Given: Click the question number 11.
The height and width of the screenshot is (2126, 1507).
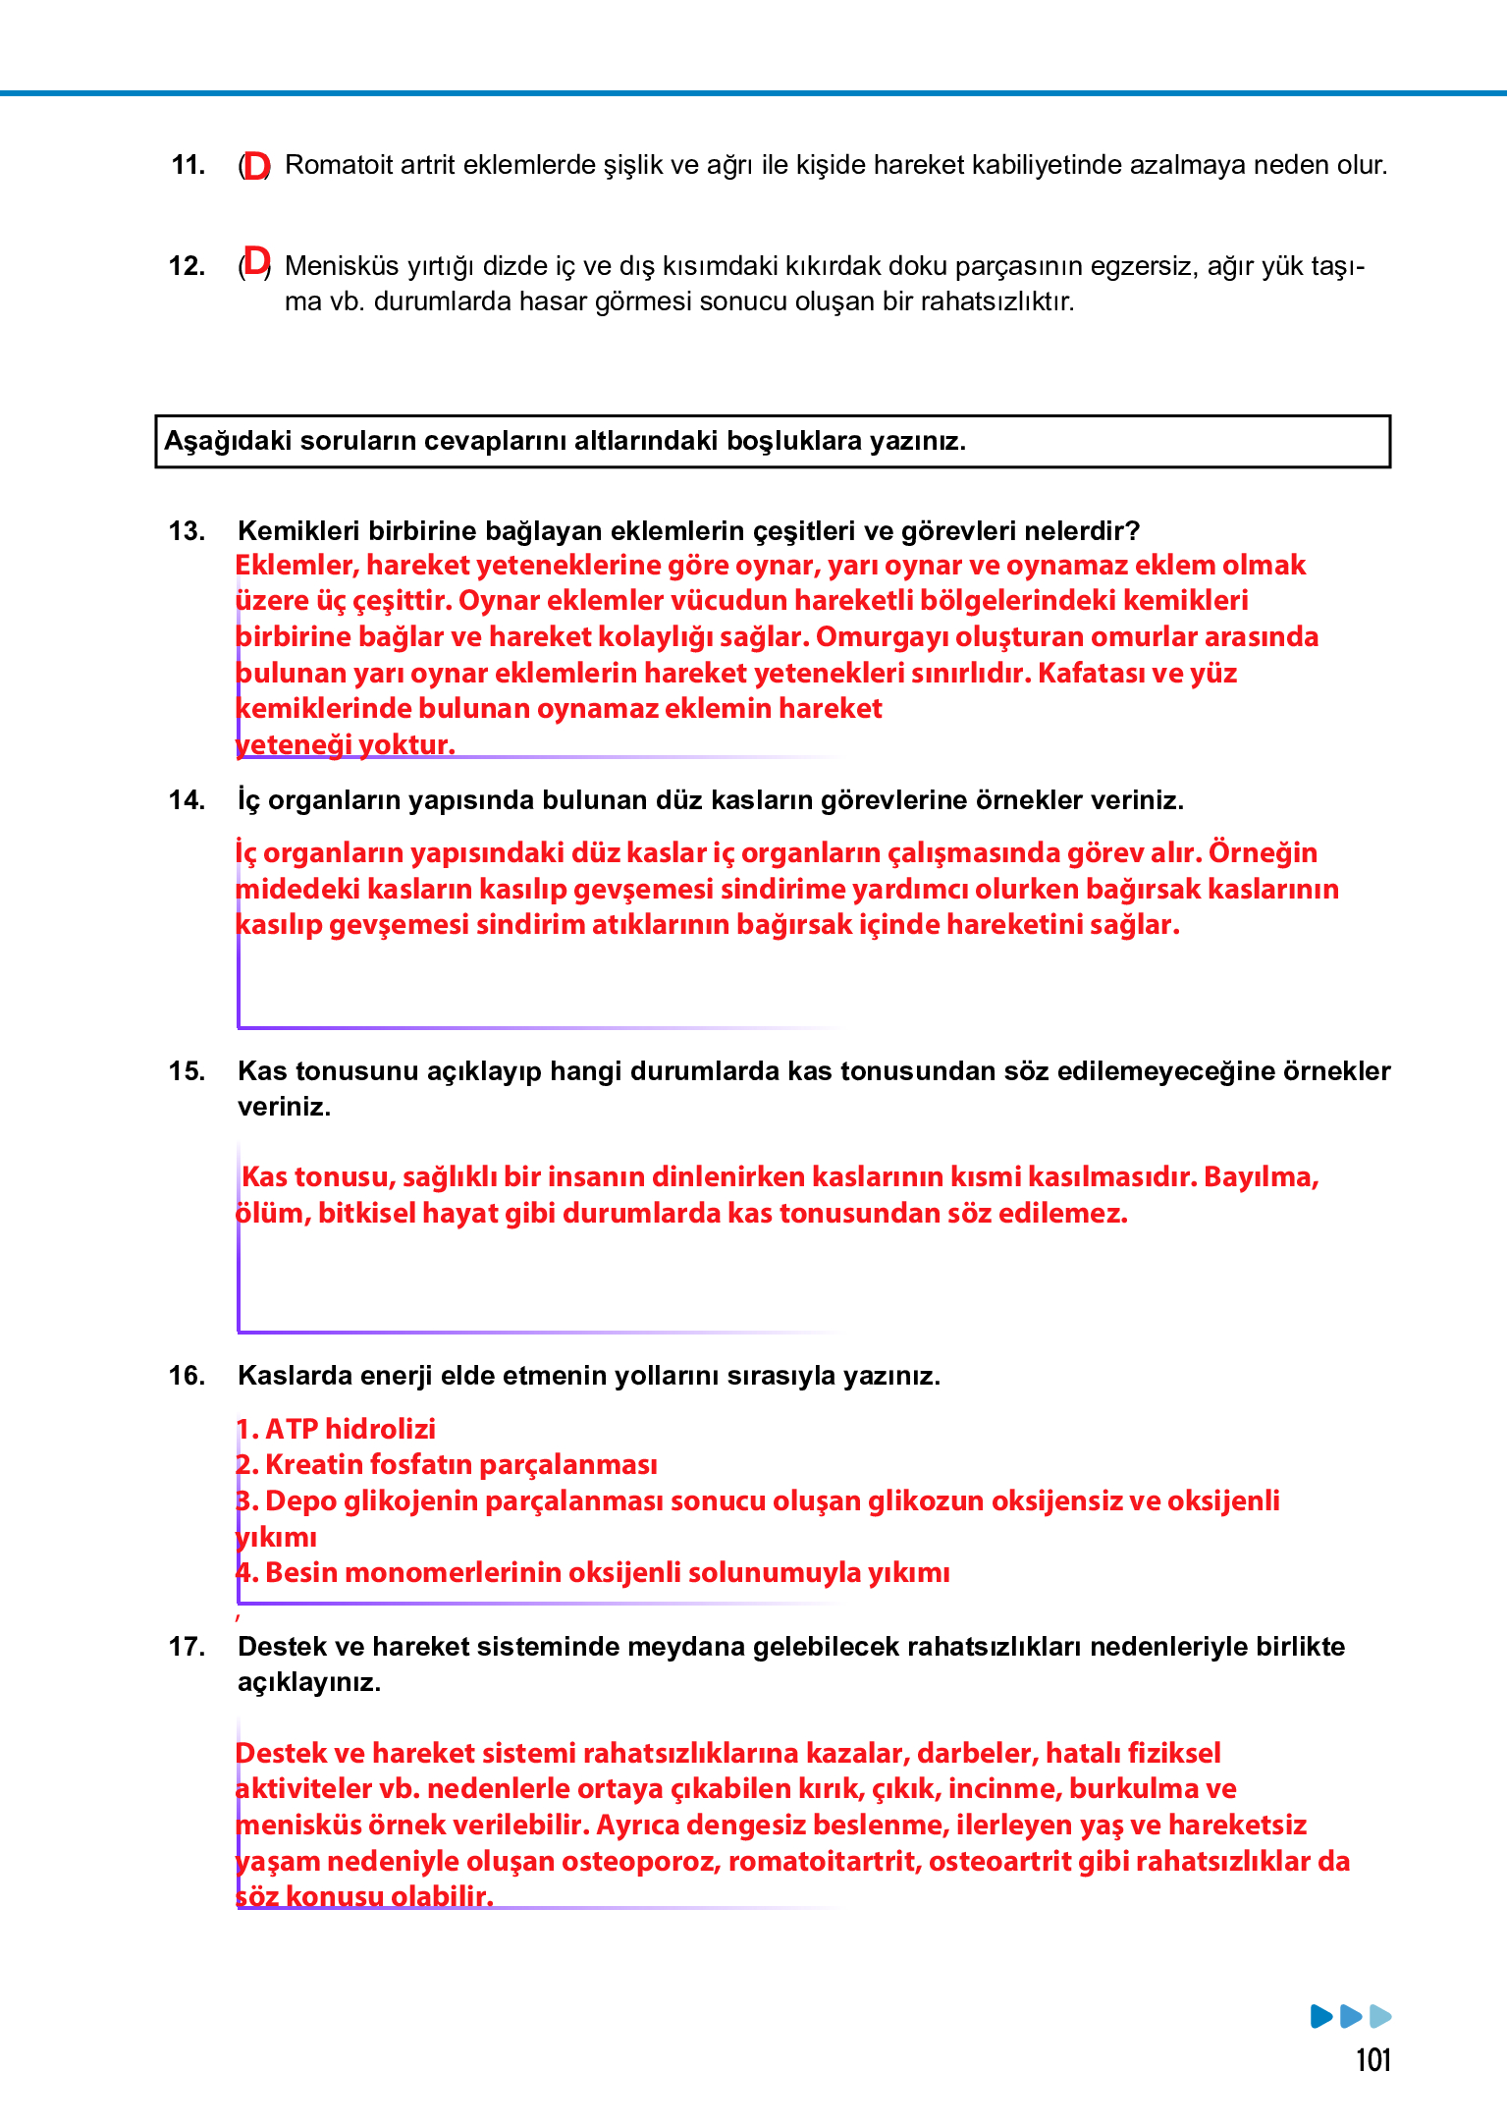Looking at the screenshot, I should (x=188, y=165).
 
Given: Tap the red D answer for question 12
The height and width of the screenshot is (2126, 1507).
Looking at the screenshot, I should (x=256, y=262).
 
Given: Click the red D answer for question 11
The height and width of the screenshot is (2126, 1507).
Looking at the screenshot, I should (x=256, y=166).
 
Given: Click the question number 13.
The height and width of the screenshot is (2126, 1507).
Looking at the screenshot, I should (x=187, y=531).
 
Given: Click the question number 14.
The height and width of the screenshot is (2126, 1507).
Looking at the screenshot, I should (x=187, y=800).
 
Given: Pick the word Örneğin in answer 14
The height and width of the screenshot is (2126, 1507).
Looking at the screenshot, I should (x=1263, y=852).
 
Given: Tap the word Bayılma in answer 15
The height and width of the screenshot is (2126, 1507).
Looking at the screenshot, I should (x=1261, y=1177).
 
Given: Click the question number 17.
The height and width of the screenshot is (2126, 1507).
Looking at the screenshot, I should (x=187, y=1647).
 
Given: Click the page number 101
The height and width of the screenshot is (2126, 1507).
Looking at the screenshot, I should (x=1372, y=2060).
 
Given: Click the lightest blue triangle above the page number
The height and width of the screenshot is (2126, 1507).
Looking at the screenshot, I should (x=1379, y=2016).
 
